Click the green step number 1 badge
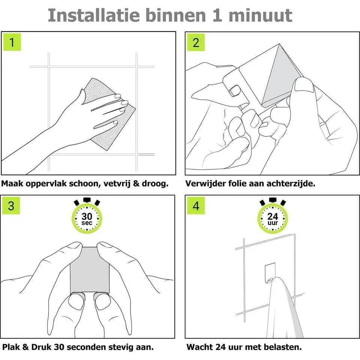(12, 42)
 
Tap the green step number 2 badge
(196, 42)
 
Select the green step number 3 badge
(11, 205)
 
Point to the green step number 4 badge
(196, 205)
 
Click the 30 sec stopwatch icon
(87, 216)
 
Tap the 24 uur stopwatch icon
(273, 216)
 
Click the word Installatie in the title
(94, 16)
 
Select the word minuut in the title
(260, 16)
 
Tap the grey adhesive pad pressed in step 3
(90, 270)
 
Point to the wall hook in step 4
(270, 273)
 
